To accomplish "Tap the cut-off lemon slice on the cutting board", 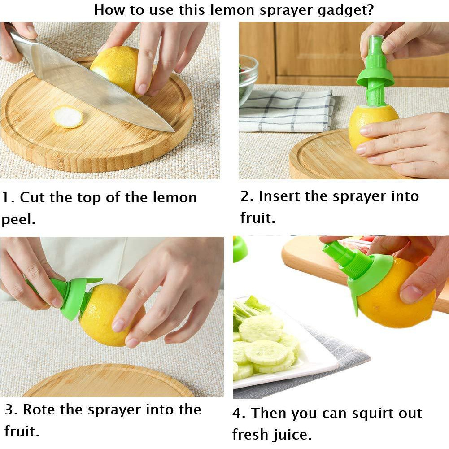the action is coord(67,117).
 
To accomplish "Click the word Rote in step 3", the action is coord(39,410).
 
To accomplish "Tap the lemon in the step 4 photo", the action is coord(397,295).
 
